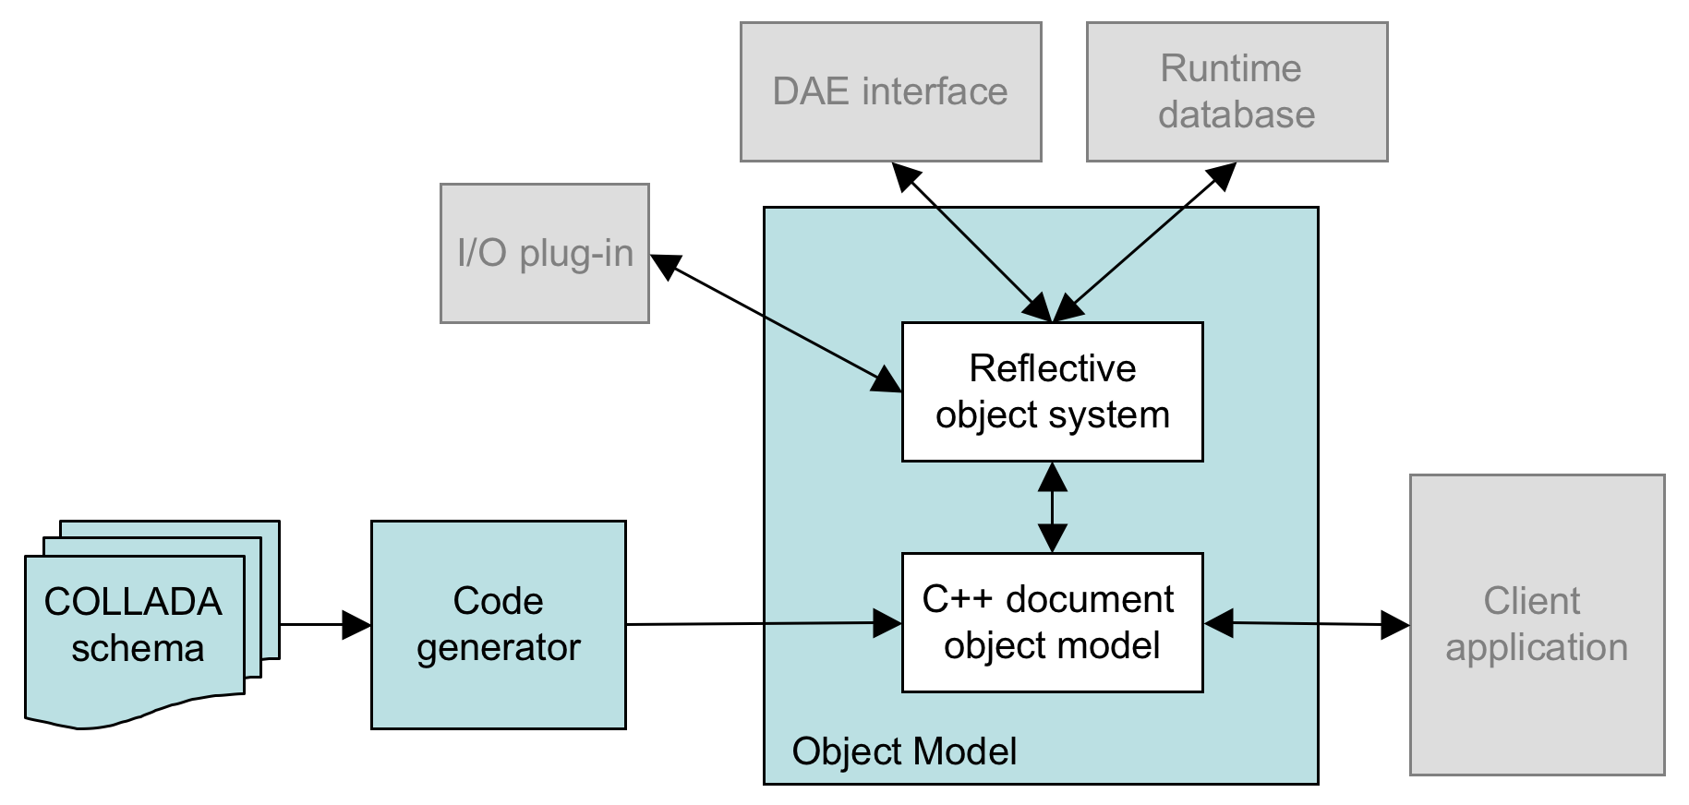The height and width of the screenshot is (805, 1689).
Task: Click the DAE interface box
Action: pyautogui.click(x=890, y=91)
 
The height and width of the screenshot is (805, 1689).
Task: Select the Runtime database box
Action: pyautogui.click(x=1237, y=91)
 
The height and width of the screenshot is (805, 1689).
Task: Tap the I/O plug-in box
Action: pyautogui.click(x=544, y=253)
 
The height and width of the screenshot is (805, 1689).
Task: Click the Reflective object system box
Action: pyautogui.click(x=1052, y=391)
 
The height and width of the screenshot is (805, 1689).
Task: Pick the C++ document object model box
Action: pyautogui.click(x=1052, y=622)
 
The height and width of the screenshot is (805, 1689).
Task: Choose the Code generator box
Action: pyautogui.click(x=498, y=624)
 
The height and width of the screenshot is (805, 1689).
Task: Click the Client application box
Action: pyautogui.click(x=1537, y=624)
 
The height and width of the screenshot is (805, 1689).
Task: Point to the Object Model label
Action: pyautogui.click(x=904, y=751)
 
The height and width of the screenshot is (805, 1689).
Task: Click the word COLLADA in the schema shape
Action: pyautogui.click(x=133, y=602)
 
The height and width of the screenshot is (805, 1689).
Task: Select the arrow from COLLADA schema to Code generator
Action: pyautogui.click(x=323, y=625)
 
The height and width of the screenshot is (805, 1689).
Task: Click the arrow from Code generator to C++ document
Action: pyautogui.click(x=757, y=624)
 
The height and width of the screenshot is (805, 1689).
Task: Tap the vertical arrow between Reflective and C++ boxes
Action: pyautogui.click(x=1053, y=507)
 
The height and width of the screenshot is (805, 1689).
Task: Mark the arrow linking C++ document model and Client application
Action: pyautogui.click(x=1307, y=624)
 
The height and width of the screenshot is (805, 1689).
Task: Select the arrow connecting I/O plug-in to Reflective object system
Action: pyautogui.click(x=776, y=322)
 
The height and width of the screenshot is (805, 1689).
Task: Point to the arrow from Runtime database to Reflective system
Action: pyautogui.click(x=1145, y=242)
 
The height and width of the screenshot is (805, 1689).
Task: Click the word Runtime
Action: pyautogui.click(x=1231, y=68)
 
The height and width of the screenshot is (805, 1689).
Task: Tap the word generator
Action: pyautogui.click(x=498, y=648)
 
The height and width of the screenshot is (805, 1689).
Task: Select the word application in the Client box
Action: pyautogui.click(x=1537, y=648)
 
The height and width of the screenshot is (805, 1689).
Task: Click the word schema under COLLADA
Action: pyautogui.click(x=138, y=649)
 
